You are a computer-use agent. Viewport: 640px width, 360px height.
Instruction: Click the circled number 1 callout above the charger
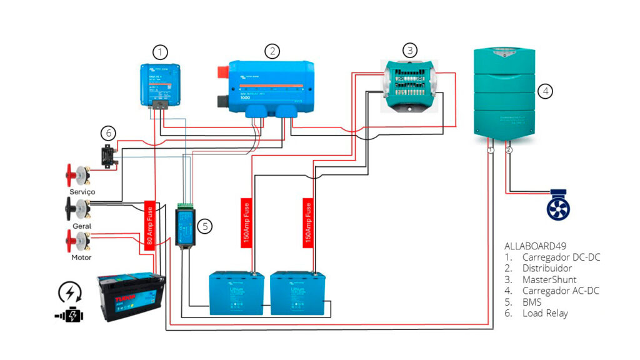point(161,52)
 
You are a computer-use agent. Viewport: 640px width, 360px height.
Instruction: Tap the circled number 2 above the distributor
point(271,51)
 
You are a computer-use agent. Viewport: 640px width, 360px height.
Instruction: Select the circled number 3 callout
point(409,50)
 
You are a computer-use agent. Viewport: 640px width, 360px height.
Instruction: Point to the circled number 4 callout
point(546,91)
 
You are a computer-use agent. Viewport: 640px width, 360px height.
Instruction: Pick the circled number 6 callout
point(108,132)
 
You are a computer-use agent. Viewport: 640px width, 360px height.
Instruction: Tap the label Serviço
point(82,192)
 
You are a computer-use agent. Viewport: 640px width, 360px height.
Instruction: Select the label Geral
point(82,226)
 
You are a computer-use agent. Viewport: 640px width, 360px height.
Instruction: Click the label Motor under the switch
point(81,257)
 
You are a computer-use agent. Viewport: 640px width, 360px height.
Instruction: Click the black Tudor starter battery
point(132,299)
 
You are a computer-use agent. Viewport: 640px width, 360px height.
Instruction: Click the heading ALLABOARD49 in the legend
point(534,246)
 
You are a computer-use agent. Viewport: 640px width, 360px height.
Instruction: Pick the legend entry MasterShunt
point(549,279)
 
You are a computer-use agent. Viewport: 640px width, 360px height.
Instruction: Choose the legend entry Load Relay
point(545,313)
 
